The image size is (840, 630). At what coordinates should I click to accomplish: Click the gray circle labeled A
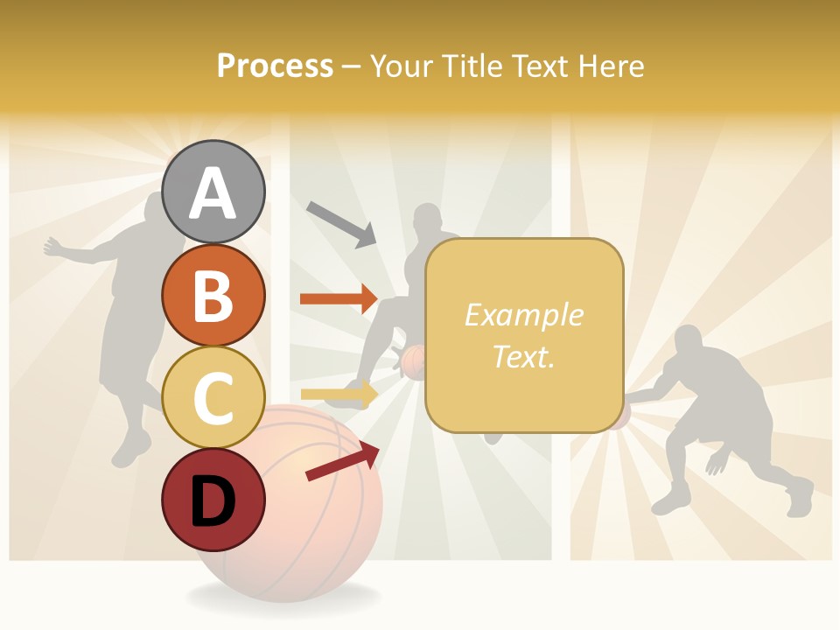[213, 192]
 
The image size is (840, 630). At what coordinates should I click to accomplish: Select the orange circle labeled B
[213, 296]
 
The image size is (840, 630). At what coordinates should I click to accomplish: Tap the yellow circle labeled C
[213, 398]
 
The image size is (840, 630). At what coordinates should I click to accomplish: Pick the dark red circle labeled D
[213, 500]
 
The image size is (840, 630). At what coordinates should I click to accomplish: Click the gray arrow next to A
[341, 224]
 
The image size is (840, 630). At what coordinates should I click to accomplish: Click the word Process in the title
[275, 66]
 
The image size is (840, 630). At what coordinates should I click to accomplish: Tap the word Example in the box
[523, 315]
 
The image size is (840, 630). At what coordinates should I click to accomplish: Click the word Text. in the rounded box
[523, 356]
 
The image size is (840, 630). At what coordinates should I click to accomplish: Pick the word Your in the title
[401, 66]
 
